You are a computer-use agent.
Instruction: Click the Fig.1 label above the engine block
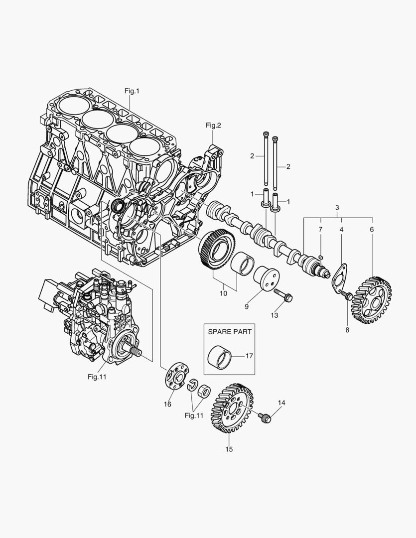click(132, 91)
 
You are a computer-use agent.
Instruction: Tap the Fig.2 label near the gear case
click(213, 126)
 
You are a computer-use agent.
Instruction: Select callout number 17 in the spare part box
click(250, 356)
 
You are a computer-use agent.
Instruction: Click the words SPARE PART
click(229, 331)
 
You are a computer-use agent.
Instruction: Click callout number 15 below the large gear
click(229, 449)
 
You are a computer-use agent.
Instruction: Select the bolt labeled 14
click(266, 417)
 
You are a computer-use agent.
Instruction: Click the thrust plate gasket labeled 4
click(340, 276)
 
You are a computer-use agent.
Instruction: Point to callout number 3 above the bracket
click(337, 207)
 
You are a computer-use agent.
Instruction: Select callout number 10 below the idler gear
click(223, 293)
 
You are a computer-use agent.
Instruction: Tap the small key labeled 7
click(321, 257)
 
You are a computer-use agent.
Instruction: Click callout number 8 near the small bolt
click(347, 329)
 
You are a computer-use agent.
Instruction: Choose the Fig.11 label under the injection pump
click(97, 377)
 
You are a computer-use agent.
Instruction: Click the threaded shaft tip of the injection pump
click(136, 353)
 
